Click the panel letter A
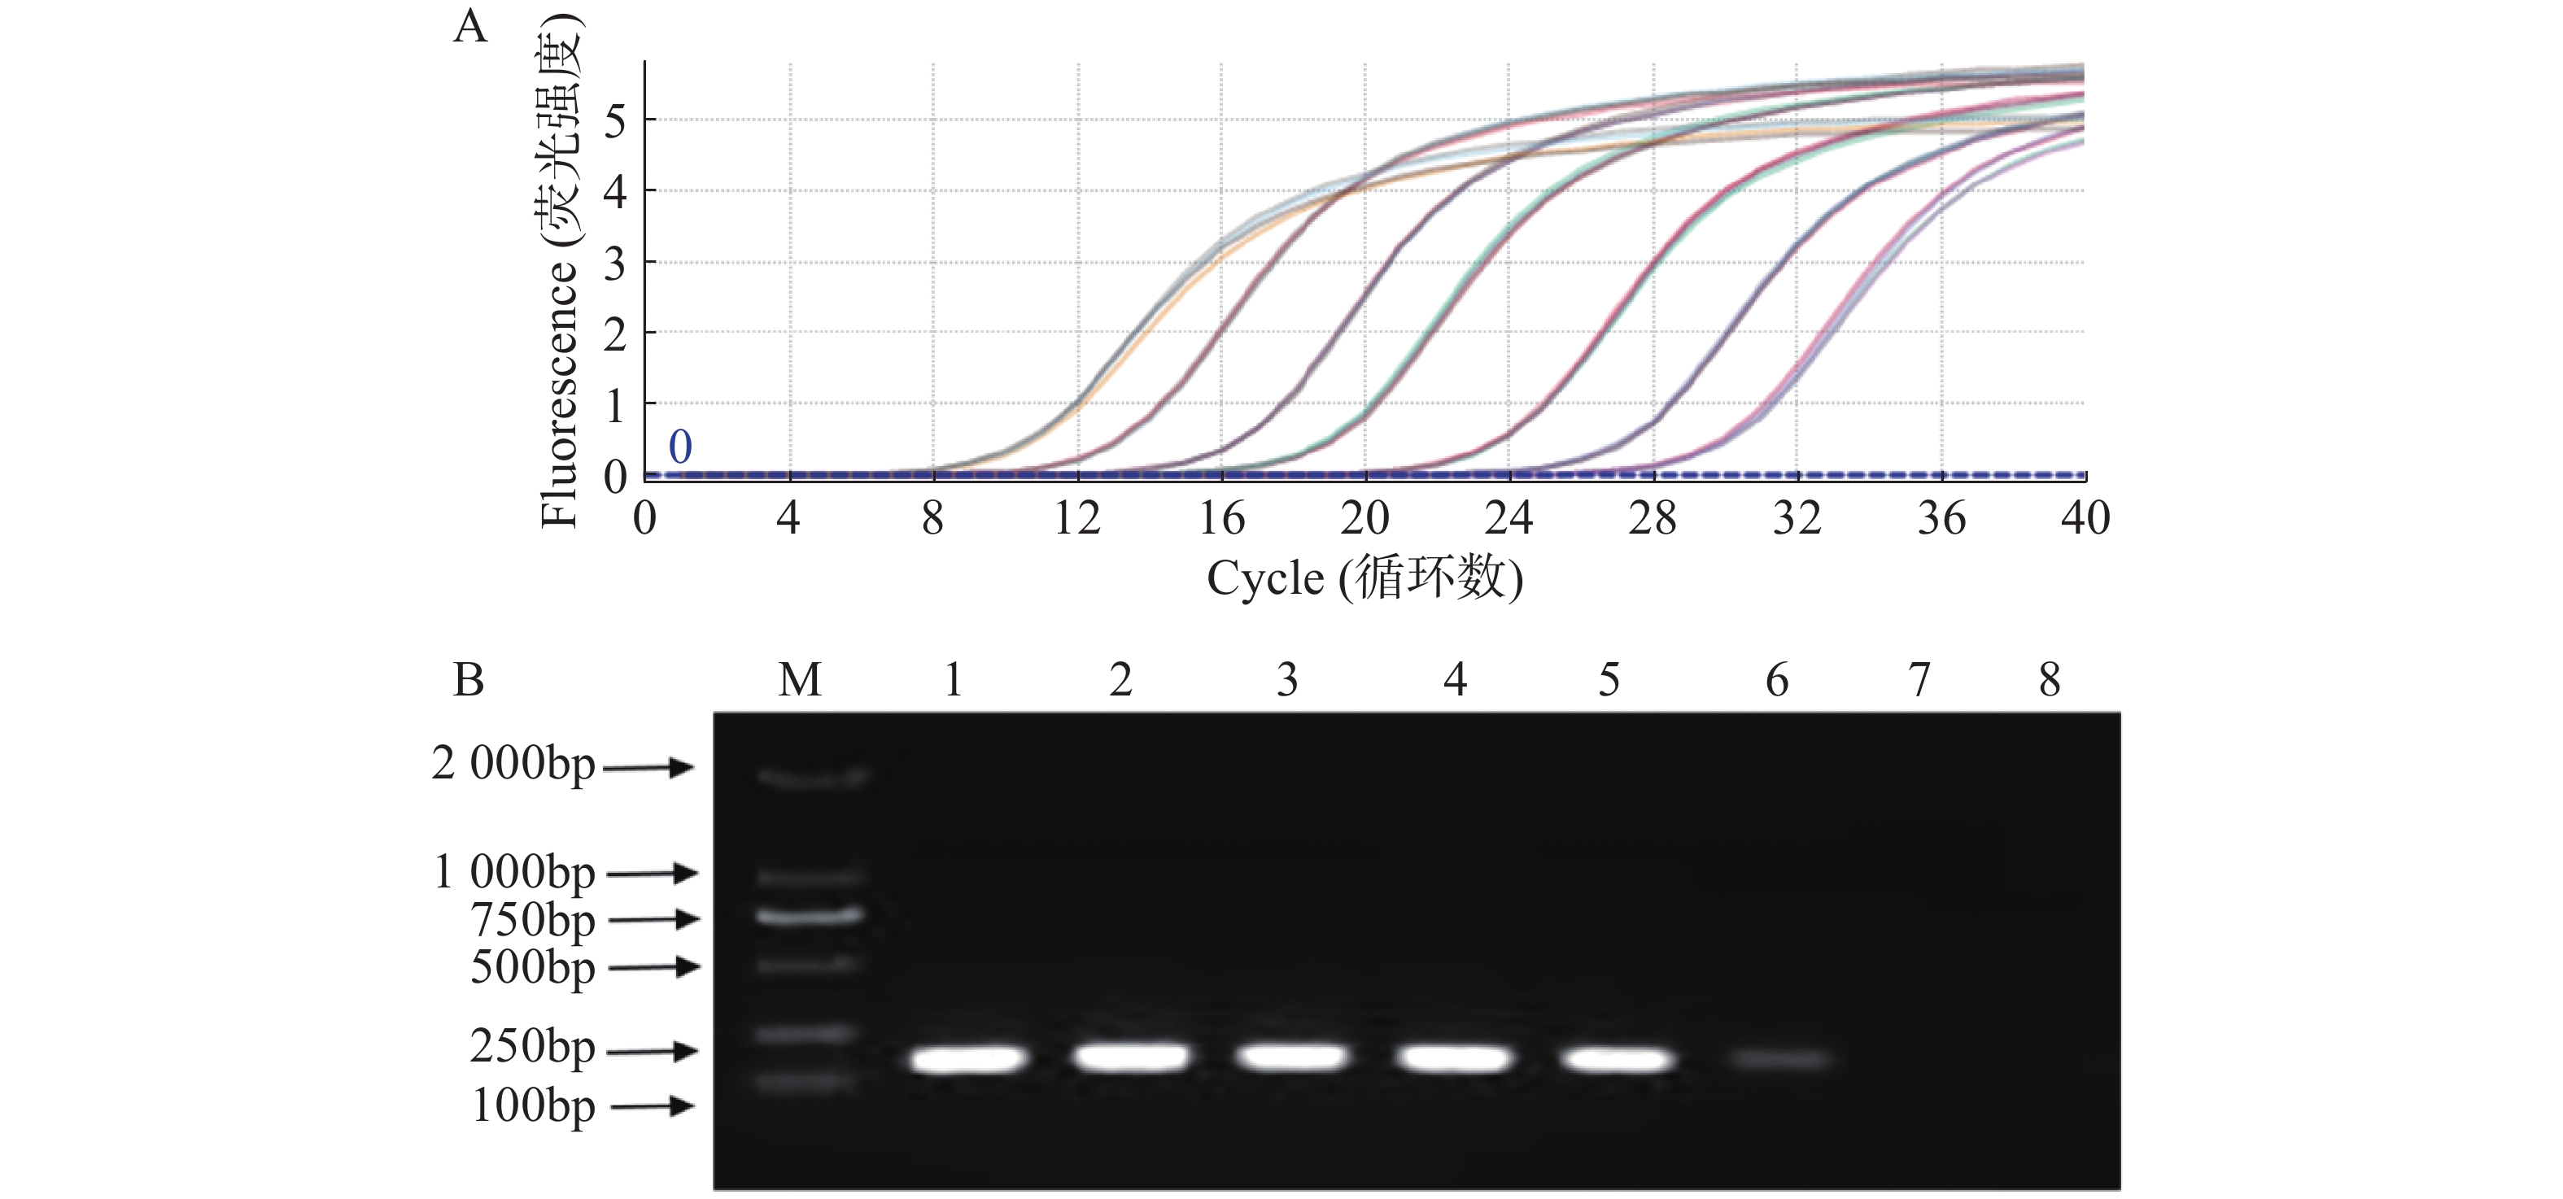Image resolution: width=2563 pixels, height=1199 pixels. click(469, 27)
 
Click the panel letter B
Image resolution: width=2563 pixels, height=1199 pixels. click(469, 681)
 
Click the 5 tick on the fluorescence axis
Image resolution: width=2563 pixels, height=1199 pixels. click(615, 121)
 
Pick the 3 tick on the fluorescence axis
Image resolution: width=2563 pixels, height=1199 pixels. click(615, 264)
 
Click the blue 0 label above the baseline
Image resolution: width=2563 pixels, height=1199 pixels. click(680, 447)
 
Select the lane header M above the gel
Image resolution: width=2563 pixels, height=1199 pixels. click(800, 681)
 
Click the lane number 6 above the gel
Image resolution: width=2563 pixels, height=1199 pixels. click(1777, 681)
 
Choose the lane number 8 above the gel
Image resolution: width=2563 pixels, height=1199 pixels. click(2050, 681)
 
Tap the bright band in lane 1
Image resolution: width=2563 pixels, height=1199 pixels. click(968, 1059)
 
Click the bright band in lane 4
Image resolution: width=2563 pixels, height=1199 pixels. click(1454, 1057)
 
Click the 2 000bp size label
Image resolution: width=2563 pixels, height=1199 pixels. click(513, 764)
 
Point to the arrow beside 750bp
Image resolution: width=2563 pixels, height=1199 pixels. click(653, 919)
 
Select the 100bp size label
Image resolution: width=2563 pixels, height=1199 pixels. click(533, 1105)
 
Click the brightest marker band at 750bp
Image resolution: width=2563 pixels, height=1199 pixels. click(808, 915)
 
